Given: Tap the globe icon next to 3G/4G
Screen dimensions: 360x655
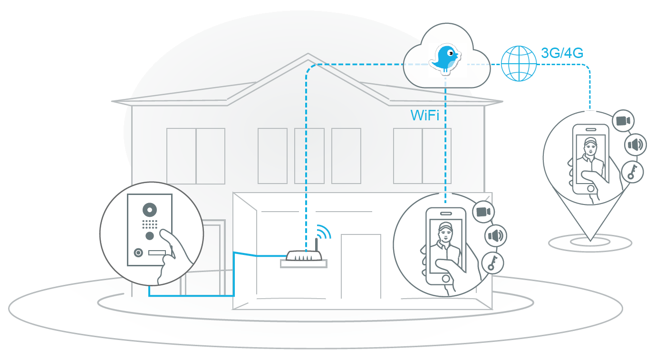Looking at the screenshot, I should point(519,63).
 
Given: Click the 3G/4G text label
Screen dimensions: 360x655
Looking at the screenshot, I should point(562,53).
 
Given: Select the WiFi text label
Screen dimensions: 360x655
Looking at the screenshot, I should point(424,116).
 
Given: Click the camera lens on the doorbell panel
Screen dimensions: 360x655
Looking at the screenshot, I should point(150,209).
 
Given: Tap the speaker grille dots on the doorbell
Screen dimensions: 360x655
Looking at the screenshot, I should point(150,224).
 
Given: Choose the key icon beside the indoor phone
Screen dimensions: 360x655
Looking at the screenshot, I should point(492,262).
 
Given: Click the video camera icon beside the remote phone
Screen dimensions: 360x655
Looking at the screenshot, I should point(623,121).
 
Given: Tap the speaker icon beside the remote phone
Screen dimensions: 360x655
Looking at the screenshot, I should point(635,145).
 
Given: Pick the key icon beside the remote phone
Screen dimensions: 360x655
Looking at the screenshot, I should point(632,172).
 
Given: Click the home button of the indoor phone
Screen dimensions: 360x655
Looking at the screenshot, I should point(445,278).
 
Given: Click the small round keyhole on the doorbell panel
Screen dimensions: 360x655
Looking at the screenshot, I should point(138,253).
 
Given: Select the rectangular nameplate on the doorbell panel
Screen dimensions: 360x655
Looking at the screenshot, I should point(157,253).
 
